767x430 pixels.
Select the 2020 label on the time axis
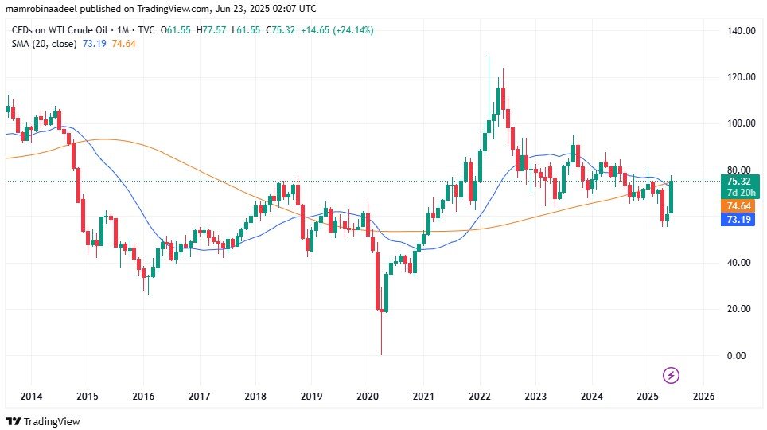[368, 397]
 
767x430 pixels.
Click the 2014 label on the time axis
[31, 397]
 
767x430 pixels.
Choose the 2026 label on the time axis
[704, 397]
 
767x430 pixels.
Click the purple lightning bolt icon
[671, 374]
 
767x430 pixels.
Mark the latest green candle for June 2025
[672, 197]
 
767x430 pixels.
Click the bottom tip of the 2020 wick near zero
[381, 354]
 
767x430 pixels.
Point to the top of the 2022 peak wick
[489, 55]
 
